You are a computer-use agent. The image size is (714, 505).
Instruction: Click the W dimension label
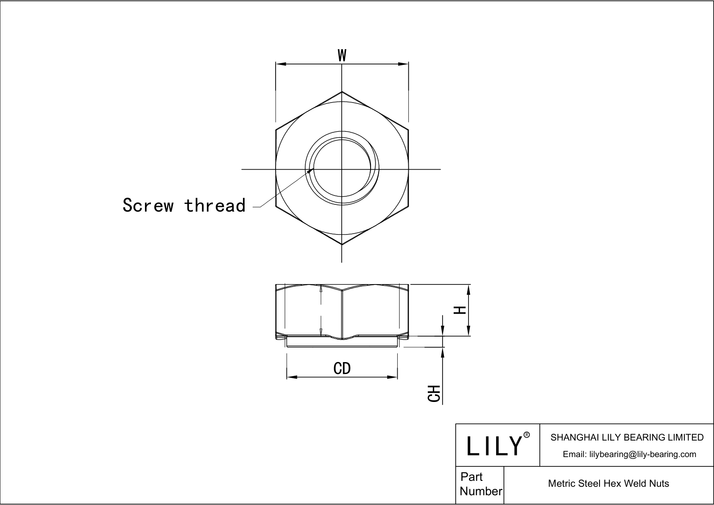342,55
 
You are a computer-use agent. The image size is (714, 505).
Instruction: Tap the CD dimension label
342,368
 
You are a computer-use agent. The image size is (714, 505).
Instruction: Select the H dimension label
460,310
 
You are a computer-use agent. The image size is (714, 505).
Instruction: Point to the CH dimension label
434,393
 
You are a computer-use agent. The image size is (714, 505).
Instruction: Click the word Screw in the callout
148,205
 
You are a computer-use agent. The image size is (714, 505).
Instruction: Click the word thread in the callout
215,205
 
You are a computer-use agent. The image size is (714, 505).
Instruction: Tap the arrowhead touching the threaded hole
311,170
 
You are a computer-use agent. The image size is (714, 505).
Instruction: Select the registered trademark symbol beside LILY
527,435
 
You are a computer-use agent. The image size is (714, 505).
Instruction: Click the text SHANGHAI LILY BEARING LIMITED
627,437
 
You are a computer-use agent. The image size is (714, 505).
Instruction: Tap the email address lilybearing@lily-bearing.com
629,454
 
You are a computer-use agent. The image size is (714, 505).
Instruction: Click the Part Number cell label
480,484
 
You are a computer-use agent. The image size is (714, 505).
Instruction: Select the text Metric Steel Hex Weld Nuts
608,483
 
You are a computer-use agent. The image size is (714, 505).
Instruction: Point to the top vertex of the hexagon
342,92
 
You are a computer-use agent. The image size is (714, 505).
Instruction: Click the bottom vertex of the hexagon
342,244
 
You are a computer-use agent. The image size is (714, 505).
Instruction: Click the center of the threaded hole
342,169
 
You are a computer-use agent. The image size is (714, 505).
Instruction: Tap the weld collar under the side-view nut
342,343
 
